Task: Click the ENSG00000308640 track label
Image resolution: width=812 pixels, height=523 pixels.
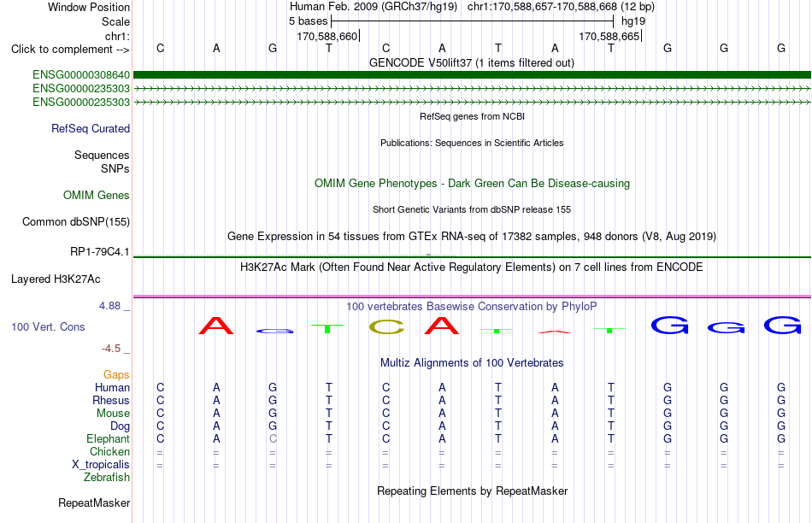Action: pos(81,75)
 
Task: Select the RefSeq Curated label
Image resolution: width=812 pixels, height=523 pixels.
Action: pos(91,128)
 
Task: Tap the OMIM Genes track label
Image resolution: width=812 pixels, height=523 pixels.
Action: pos(97,195)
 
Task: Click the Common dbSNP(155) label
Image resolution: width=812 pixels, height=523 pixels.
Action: pos(76,221)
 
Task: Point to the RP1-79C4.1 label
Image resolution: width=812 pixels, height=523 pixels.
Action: pos(100,251)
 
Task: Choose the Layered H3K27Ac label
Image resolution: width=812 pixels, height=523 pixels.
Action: pos(56,279)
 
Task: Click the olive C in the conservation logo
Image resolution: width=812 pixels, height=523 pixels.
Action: pos(386,326)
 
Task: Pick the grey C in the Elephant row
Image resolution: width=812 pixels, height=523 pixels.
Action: pos(273,438)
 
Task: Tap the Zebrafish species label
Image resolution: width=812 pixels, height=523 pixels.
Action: pos(107,478)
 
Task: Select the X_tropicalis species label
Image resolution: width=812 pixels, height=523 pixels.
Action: pos(101,465)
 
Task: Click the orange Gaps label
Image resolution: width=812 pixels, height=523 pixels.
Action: pos(116,374)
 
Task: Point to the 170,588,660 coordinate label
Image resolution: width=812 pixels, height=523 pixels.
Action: pos(327,36)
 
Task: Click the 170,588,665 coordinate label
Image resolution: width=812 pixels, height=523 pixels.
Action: pos(609,36)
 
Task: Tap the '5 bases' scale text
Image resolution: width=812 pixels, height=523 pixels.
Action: pos(308,21)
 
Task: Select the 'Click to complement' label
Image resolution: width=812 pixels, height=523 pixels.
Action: pos(62,50)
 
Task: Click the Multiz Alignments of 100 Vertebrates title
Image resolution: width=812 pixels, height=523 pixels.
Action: pos(472,362)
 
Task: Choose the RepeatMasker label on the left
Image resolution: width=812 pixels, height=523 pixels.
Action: pos(94,502)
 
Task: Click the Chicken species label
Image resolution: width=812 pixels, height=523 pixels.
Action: pos(109,451)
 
